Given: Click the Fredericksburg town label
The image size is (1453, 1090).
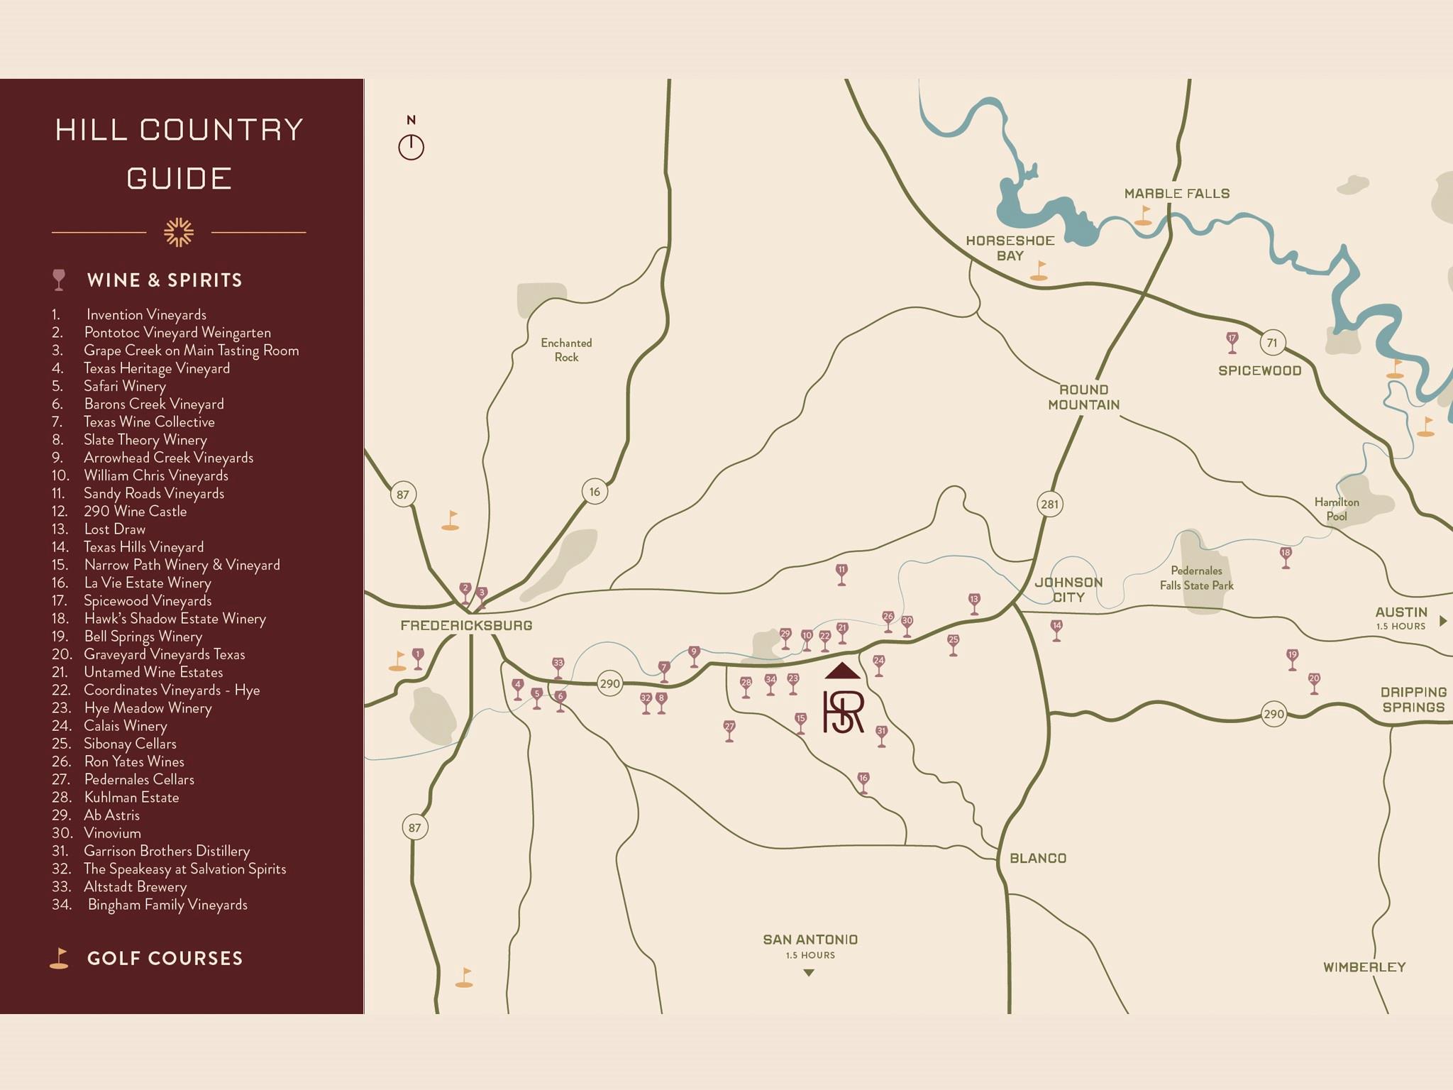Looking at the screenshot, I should [x=465, y=625].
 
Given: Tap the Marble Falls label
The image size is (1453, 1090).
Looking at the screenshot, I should [x=1176, y=193].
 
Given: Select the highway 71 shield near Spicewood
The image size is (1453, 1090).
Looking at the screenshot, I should [x=1272, y=343].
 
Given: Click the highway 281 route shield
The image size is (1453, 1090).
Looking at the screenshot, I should [x=1049, y=505].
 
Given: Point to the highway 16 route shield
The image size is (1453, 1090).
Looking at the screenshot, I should [x=595, y=491].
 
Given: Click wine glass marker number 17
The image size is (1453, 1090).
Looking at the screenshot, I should [x=1232, y=341].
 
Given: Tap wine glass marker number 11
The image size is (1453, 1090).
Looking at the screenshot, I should [x=841, y=573].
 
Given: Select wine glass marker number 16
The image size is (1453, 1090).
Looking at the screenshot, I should [x=863, y=781].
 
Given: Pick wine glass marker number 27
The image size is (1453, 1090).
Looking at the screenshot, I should [x=729, y=730].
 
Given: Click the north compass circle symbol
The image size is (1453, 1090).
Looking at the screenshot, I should [x=411, y=147].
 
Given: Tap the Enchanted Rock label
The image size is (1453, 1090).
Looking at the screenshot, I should [x=566, y=350].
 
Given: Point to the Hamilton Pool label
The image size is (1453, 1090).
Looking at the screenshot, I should [x=1337, y=509].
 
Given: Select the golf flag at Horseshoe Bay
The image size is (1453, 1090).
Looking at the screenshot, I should [x=1039, y=270].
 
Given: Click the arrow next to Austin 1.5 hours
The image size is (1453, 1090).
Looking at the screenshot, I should [x=1442, y=621].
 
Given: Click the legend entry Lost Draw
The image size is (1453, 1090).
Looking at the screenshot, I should [x=114, y=529].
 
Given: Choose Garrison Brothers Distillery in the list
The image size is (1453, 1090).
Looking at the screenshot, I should [x=167, y=850].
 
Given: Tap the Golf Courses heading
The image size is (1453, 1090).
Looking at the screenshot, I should [x=165, y=958].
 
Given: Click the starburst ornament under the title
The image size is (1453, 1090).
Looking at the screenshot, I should [x=179, y=232].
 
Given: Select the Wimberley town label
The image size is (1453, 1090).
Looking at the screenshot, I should [x=1364, y=967].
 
